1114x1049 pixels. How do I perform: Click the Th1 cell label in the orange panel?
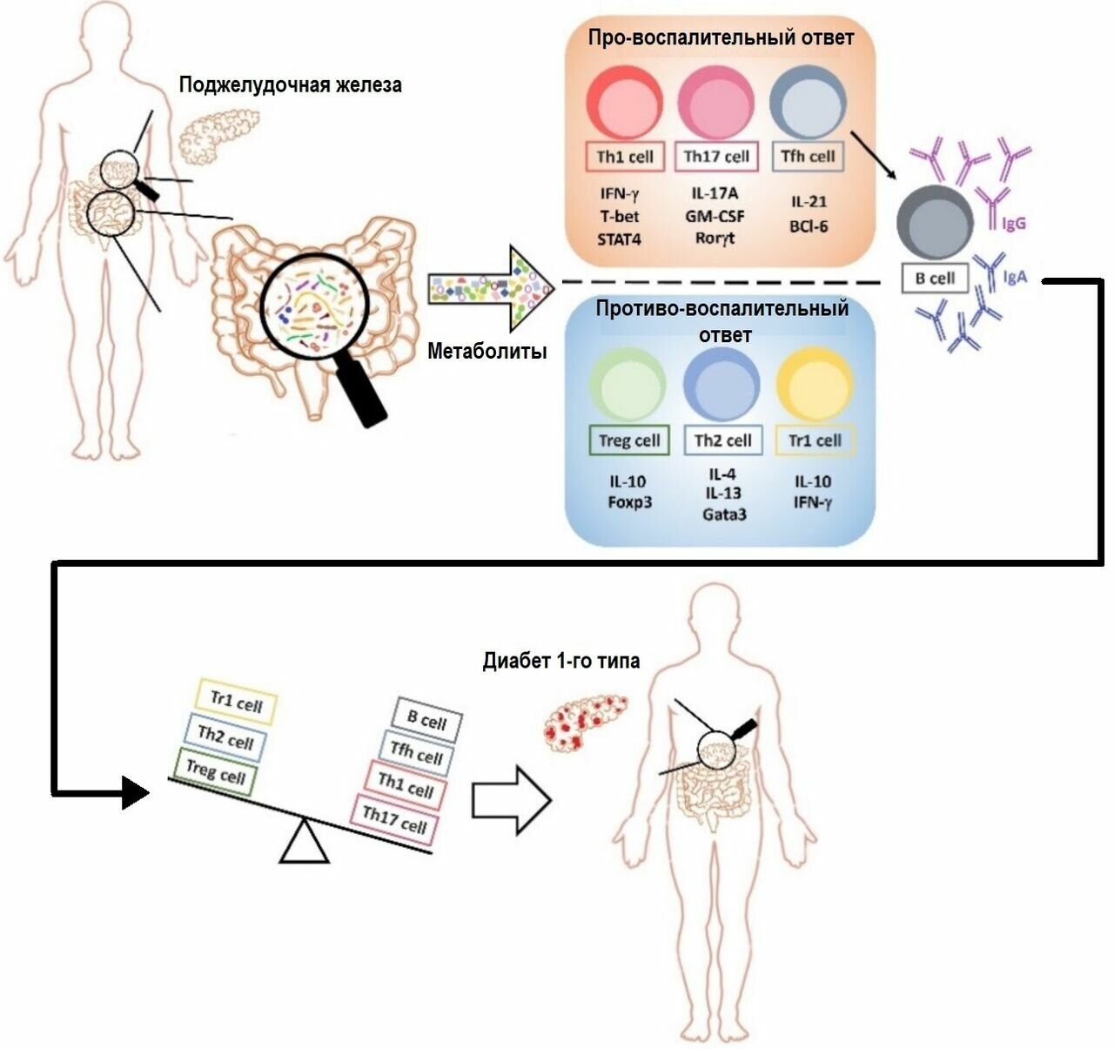625,157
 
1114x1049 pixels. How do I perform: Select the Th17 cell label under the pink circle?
716,157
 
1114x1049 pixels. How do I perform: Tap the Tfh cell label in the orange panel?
808,157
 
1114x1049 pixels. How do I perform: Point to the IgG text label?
1015,224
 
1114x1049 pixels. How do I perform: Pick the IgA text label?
1015,277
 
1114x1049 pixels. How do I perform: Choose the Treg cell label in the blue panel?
629,440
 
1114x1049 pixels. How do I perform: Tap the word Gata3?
724,514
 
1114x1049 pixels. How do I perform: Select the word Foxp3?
629,502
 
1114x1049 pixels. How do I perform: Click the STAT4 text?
619,239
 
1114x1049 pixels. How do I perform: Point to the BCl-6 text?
809,227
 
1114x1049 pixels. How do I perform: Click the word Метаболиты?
487,352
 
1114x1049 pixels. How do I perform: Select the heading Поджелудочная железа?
291,85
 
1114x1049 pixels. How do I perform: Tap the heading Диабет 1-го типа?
561,661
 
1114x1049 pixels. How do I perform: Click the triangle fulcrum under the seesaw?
304,844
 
